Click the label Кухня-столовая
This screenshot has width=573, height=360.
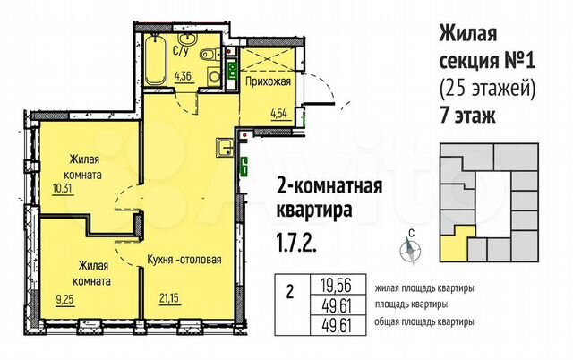[x=184, y=261]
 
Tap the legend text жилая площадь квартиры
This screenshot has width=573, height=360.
[x=415, y=287]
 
